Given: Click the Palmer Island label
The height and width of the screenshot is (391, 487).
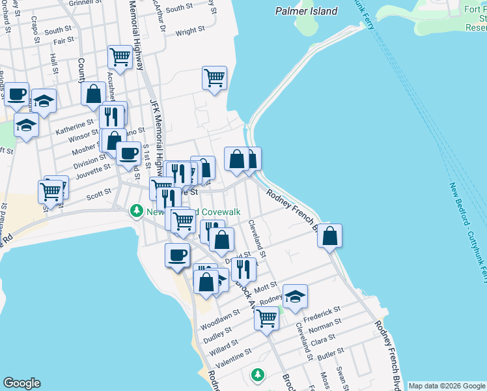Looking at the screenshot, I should (x=307, y=11).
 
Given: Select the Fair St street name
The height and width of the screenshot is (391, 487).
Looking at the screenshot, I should (x=63, y=40).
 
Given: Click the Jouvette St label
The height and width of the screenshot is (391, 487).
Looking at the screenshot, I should (x=92, y=170).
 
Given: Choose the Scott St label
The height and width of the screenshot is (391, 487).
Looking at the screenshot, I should (x=99, y=194).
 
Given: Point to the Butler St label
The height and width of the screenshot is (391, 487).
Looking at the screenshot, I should (x=330, y=354).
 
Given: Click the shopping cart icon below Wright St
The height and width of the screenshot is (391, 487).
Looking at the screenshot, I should (x=214, y=78).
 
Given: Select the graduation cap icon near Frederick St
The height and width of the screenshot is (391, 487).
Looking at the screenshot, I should (x=295, y=297).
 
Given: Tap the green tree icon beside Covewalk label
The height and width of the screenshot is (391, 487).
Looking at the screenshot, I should (x=137, y=211).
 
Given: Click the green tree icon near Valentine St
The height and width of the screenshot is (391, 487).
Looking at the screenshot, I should (x=258, y=375).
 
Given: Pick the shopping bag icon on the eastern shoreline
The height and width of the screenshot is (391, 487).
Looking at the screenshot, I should (x=330, y=236).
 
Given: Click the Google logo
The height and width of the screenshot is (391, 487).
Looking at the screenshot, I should (x=21, y=383).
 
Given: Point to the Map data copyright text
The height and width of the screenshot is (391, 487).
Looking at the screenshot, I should (x=447, y=386).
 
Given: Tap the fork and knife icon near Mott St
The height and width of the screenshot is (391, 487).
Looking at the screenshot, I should (x=244, y=268).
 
